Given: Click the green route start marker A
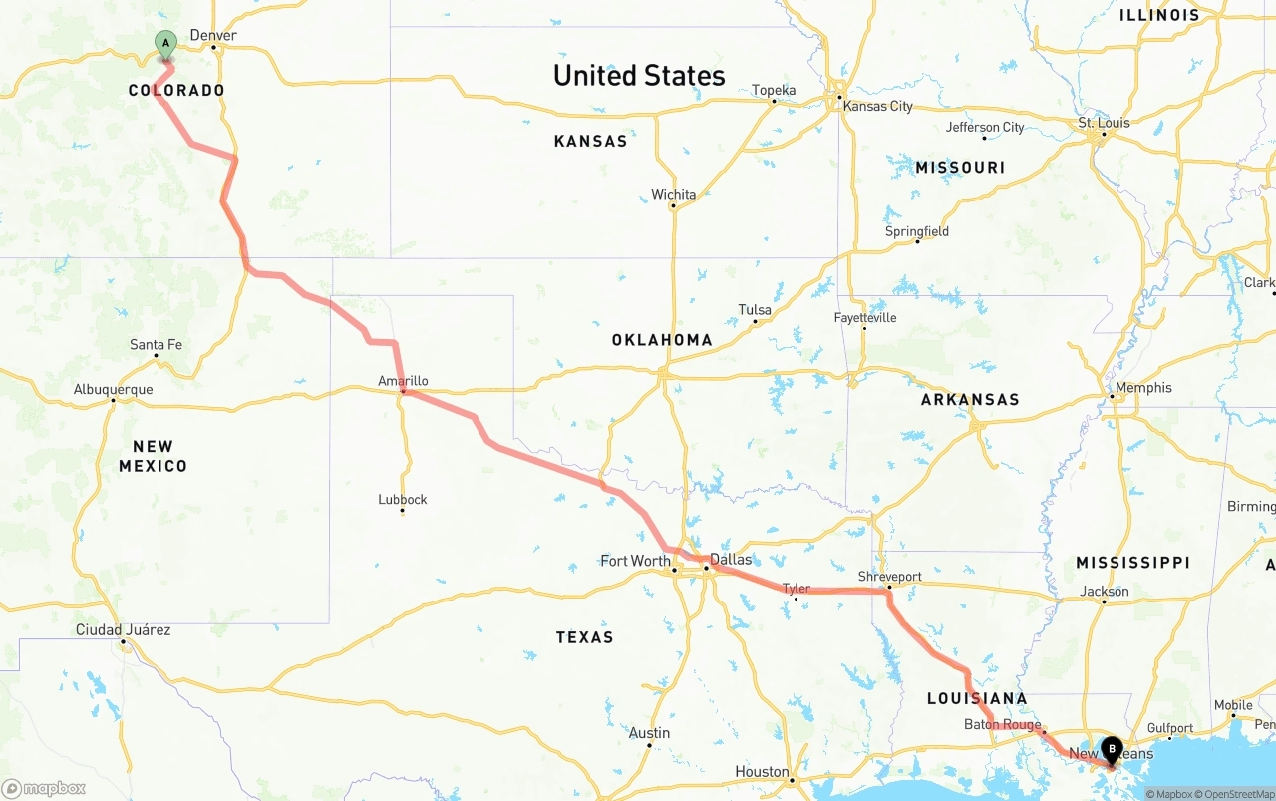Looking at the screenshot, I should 165,45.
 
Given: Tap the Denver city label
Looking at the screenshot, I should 213,35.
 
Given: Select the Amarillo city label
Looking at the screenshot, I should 403,381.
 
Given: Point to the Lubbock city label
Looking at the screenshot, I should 403,499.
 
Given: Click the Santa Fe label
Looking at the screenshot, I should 156,345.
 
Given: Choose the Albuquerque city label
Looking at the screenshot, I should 113,389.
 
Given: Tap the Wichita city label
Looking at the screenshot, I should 674,194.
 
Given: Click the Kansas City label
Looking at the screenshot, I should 877,106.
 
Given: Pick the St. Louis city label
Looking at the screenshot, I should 1104,123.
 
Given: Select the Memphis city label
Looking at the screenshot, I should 1143,387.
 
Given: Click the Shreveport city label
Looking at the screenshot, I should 890,577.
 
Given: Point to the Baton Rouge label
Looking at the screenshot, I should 1002,725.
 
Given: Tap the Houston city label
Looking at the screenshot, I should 762,771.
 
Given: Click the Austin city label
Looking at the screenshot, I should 649,733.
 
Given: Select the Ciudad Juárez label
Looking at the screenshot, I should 123,629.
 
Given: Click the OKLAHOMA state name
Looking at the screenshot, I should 662,340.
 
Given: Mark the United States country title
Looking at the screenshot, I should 639,76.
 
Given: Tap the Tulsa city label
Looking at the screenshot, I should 755,310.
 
